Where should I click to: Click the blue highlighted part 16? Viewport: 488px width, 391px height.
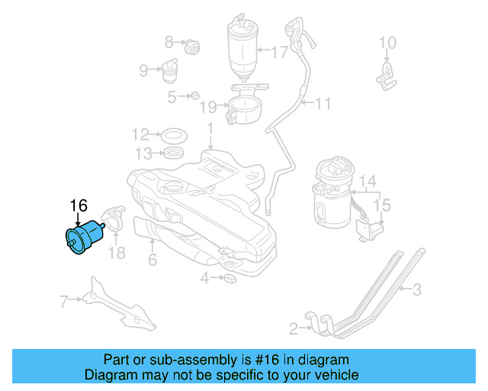[x=85, y=238]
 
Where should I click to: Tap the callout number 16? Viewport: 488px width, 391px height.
[x=79, y=205]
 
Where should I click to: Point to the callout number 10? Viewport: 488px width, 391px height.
[x=387, y=43]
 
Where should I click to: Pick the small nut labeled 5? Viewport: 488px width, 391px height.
[x=195, y=95]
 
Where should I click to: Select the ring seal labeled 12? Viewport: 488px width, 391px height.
[x=175, y=135]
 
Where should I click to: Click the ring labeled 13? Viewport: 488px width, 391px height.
[x=175, y=153]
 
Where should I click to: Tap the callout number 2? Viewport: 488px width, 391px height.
[x=294, y=329]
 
